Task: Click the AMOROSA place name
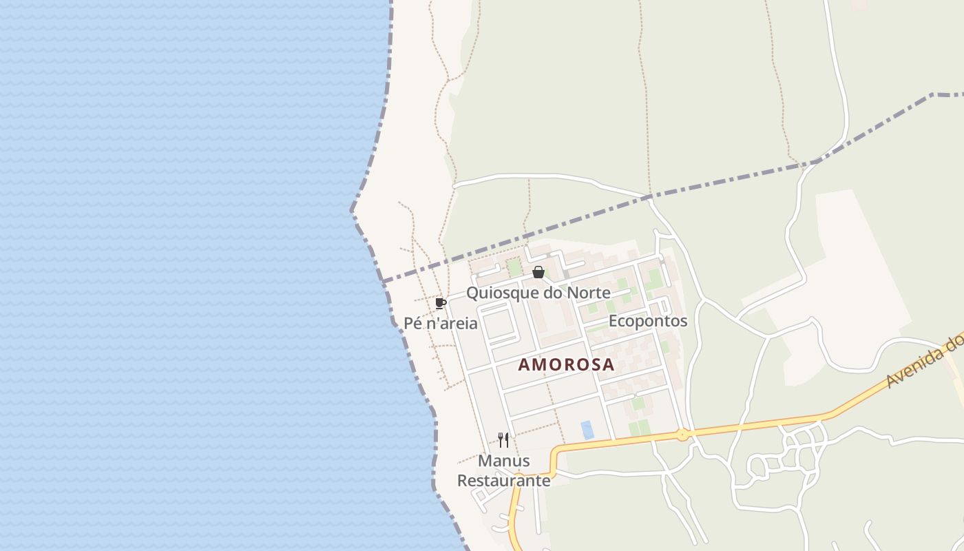click(566, 364)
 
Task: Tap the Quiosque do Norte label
click(538, 293)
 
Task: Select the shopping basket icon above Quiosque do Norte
click(538, 272)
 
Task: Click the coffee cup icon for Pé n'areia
click(441, 303)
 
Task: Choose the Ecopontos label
click(648, 321)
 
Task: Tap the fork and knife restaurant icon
click(503, 440)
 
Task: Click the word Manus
click(504, 460)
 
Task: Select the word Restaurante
click(504, 480)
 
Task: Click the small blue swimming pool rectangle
click(587, 430)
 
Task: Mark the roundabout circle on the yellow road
click(682, 435)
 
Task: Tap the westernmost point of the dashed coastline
click(352, 211)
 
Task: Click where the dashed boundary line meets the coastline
click(384, 282)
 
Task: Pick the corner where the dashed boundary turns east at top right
click(932, 94)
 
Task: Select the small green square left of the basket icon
click(514, 267)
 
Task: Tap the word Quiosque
click(501, 293)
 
